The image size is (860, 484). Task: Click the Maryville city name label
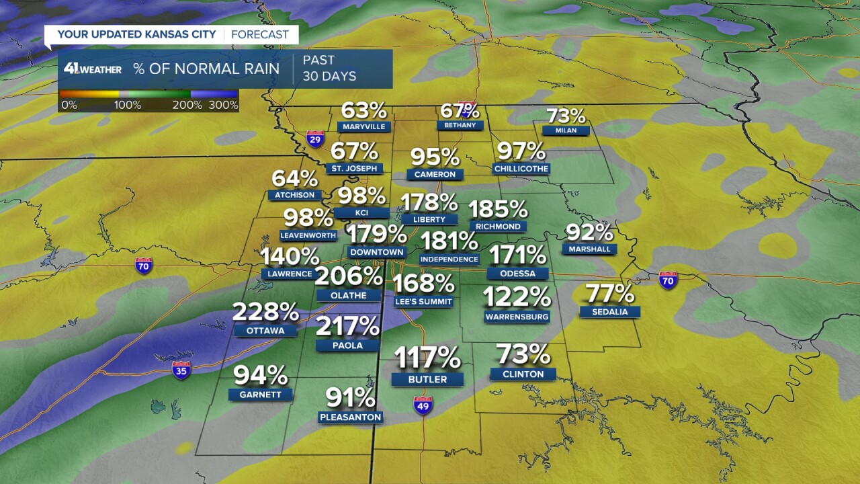coord(363,126)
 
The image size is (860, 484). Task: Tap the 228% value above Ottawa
coord(265,312)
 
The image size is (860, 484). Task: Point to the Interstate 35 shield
coord(181,370)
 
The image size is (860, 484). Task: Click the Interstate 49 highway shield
coord(423,405)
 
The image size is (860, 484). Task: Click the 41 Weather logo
coord(93,69)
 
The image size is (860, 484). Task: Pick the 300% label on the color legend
coord(223,105)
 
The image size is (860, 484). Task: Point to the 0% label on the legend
coord(69,105)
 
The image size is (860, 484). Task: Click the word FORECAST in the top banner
coord(259,34)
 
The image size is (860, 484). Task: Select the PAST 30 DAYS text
coord(329,69)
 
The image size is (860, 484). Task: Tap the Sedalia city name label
coord(610,312)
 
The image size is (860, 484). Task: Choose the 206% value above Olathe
coord(349,276)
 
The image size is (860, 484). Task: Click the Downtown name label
coord(377,252)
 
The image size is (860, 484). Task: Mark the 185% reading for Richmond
coord(498,209)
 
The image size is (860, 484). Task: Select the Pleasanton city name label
coord(350,417)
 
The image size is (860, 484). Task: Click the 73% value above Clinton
coord(523,354)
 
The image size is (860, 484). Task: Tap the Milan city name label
coord(566,130)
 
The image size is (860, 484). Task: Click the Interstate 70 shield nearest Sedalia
coord(668,280)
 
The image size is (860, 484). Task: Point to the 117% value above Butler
coord(427,358)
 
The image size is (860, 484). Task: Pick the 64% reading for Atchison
coord(294,179)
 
